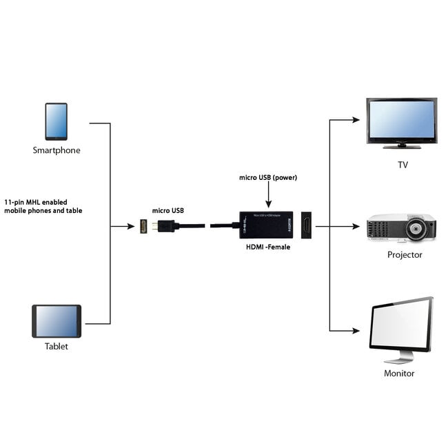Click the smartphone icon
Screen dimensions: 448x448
(56, 121)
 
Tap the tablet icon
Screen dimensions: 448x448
(57, 321)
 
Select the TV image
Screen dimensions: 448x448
(400, 123)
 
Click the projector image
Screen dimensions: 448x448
(400, 227)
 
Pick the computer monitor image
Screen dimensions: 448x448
(401, 329)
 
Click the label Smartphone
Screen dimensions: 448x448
(56, 150)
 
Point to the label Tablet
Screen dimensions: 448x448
(57, 346)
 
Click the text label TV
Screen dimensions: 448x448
(403, 165)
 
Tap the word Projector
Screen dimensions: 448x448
(405, 254)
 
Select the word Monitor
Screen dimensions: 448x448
(399, 373)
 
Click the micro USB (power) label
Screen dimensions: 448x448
(268, 178)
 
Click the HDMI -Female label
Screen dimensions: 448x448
(268, 246)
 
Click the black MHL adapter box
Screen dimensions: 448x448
(268, 225)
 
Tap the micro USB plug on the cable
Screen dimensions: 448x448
(165, 225)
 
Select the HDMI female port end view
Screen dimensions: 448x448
(306, 225)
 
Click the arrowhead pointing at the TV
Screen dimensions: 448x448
(356, 119)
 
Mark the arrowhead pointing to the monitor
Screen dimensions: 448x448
(356, 330)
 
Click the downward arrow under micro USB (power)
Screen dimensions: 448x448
(268, 203)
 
